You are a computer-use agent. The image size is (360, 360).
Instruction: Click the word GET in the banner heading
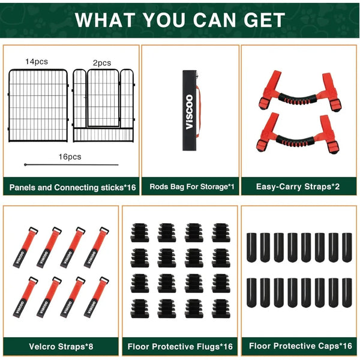click(x=264, y=20)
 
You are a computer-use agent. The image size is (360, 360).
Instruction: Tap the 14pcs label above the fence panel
click(x=37, y=62)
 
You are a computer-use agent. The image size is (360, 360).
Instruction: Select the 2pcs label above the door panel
click(x=102, y=63)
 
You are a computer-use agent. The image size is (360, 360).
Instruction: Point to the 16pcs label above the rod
click(x=70, y=157)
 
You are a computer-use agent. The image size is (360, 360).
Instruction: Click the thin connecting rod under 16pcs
click(x=71, y=164)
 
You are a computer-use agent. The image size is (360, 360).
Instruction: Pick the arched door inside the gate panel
click(x=103, y=98)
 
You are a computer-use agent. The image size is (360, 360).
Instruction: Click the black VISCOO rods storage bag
click(x=190, y=110)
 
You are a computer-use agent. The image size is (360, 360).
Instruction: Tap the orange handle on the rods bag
click(x=199, y=112)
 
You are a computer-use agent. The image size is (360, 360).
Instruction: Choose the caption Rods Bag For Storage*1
click(x=192, y=187)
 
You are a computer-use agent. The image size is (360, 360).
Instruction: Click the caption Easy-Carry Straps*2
click(x=298, y=187)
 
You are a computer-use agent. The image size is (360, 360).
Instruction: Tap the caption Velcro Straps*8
click(x=61, y=346)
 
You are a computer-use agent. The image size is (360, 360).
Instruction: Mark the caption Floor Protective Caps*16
click(x=301, y=346)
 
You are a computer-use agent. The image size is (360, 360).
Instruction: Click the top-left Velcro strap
click(x=25, y=247)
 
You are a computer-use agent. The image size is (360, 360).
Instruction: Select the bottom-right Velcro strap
click(x=97, y=298)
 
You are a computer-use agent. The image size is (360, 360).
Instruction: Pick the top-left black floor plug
click(x=140, y=233)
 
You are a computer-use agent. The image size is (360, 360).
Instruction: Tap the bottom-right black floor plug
click(x=221, y=308)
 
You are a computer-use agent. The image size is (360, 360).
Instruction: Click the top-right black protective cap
click(x=347, y=247)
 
